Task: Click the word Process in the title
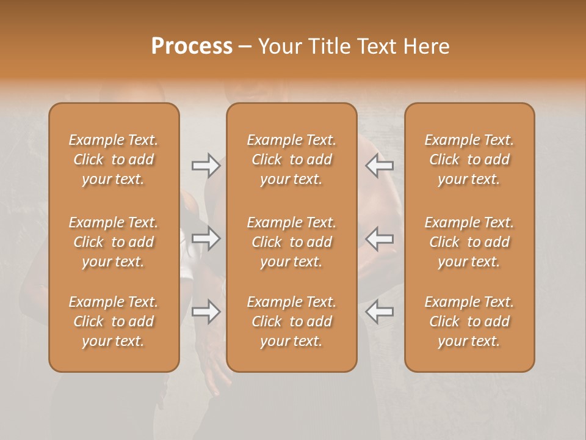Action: [192, 46]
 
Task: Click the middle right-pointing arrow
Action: [206, 238]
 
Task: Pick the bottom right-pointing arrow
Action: [206, 312]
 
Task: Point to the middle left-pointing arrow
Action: [380, 238]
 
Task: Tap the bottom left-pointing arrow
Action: [380, 312]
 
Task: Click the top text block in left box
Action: [114, 159]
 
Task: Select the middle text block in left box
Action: [114, 242]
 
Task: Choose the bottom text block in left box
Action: [114, 321]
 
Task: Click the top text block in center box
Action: [292, 159]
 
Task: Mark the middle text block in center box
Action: [292, 242]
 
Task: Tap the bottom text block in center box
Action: [292, 321]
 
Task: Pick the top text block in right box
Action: [469, 159]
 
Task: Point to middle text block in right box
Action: [469, 242]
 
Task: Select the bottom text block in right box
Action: [469, 321]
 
